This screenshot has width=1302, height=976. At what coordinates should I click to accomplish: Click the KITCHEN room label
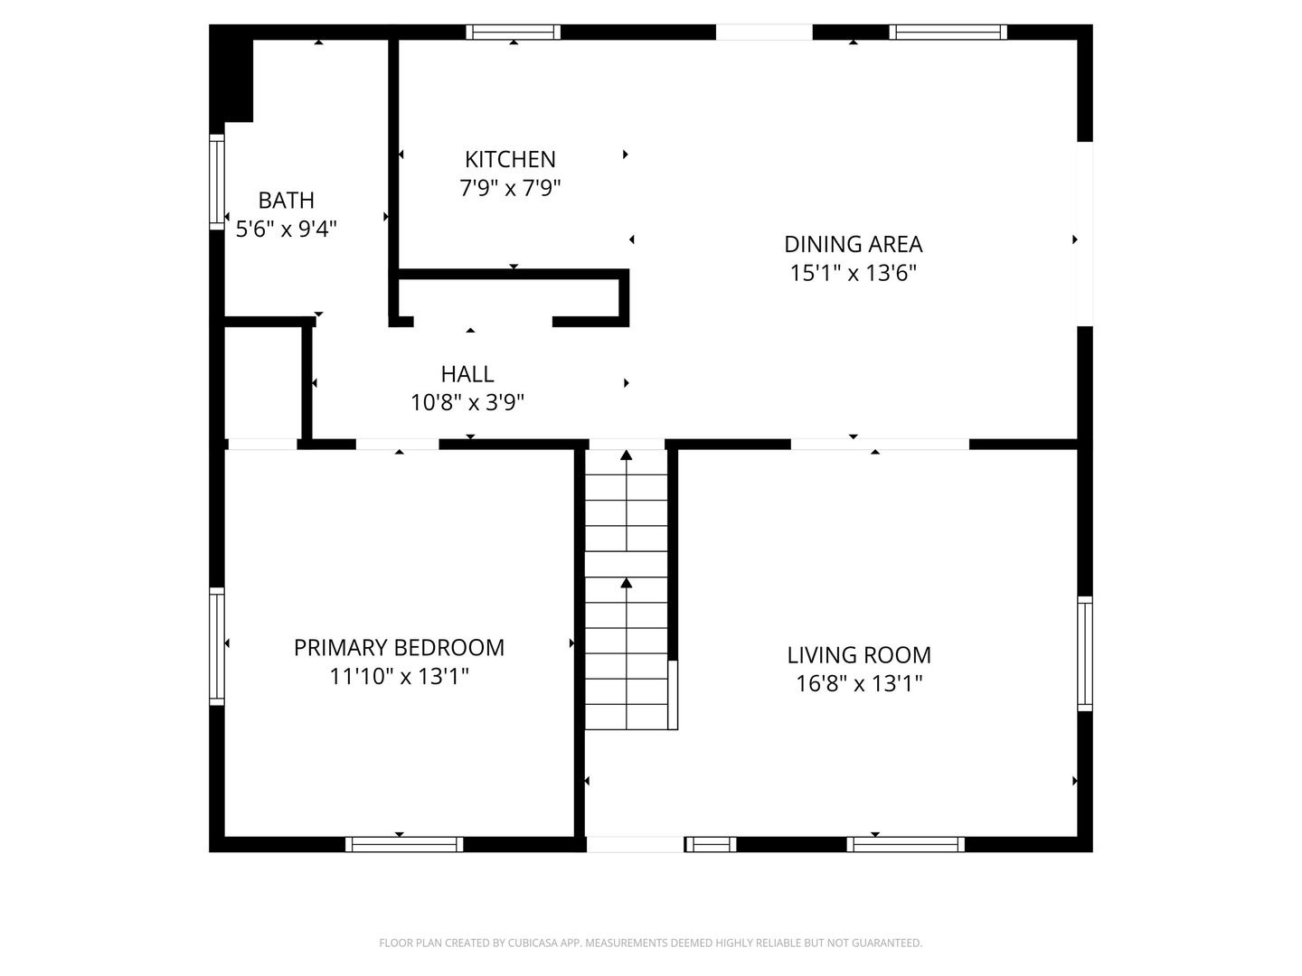tap(510, 159)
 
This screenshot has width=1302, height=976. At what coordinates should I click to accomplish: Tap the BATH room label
tap(286, 201)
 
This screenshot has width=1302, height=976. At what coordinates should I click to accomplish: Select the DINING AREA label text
tap(853, 244)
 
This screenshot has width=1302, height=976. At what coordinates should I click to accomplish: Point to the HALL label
tap(467, 374)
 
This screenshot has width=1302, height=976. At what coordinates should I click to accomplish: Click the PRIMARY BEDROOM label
tap(400, 648)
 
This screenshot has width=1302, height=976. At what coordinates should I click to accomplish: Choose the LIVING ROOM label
tap(859, 655)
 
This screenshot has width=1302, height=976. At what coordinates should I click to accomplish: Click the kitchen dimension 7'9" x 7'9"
tap(510, 189)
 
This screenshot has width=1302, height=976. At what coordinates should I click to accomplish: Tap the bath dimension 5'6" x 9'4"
tap(286, 229)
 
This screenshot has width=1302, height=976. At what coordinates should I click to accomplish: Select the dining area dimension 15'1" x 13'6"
tap(853, 273)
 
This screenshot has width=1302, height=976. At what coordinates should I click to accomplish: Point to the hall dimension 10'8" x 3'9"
tap(467, 403)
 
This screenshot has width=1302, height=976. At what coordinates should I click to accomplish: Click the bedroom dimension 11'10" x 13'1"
tap(400, 676)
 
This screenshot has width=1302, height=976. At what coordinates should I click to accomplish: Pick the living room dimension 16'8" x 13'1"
tap(859, 684)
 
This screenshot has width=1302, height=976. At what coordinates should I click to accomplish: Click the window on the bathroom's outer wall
tap(217, 182)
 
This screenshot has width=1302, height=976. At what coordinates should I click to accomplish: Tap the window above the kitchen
tap(513, 32)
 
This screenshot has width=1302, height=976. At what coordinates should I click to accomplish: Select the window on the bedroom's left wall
tap(217, 646)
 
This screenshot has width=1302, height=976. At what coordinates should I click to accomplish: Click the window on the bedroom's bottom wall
tap(404, 844)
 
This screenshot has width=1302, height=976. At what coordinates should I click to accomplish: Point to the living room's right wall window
tap(1085, 653)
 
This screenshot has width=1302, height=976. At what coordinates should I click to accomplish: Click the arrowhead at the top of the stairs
tap(627, 455)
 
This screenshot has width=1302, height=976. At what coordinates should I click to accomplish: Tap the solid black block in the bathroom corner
tap(232, 73)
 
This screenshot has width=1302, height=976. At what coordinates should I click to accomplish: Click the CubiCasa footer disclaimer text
tap(651, 943)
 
